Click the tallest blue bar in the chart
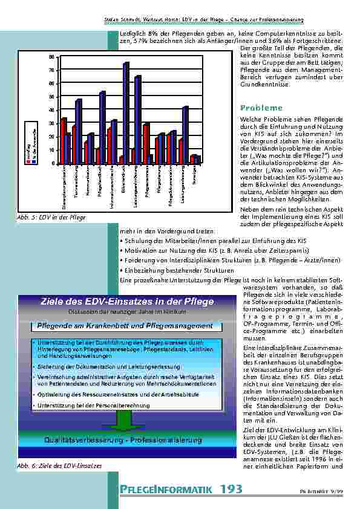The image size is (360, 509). [126, 112]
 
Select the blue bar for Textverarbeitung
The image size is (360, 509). [79, 131]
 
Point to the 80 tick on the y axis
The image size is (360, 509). [51, 56]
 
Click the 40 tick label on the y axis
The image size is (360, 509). [51, 110]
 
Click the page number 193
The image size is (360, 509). [232, 488]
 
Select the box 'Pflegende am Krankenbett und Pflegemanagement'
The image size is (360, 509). [125, 325]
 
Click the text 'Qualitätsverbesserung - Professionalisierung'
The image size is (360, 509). [123, 440]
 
